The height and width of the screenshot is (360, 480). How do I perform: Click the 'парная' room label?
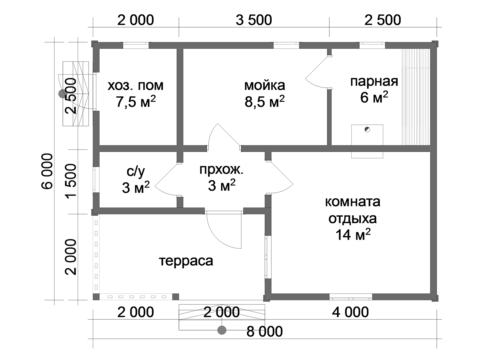point(374,82)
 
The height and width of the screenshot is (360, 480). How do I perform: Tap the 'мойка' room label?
point(265,85)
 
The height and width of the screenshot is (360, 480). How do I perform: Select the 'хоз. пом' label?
point(136,85)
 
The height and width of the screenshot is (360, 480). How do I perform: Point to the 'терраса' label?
point(186,261)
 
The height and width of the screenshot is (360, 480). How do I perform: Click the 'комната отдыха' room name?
point(353,210)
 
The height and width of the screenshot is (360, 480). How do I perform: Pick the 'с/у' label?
point(136,172)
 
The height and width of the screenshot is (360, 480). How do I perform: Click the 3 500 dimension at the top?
point(254,20)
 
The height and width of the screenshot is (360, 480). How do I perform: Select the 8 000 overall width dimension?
point(265,332)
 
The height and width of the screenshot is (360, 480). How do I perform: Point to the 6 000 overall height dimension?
point(47,171)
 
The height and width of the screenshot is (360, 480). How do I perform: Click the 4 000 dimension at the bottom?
point(350,312)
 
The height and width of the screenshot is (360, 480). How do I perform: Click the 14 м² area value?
point(353,235)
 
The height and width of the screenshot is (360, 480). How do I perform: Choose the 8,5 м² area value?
point(265,101)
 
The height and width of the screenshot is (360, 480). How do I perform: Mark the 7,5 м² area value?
point(136,101)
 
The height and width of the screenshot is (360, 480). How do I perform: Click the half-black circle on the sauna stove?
point(367,129)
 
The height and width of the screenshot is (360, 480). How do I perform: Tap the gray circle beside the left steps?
point(63,94)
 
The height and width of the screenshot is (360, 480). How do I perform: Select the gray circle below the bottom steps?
point(222,330)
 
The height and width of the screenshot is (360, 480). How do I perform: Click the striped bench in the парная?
point(416,97)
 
